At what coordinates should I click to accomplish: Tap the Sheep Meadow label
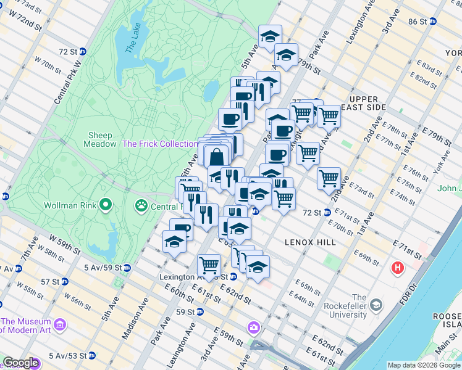[x=100, y=139]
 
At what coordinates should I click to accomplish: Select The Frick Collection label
[x=160, y=144]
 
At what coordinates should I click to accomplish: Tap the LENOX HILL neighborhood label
[x=310, y=242]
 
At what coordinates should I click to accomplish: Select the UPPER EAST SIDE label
[x=367, y=103]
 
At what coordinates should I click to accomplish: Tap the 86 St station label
[x=418, y=22]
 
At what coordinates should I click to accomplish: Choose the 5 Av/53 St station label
[x=61, y=356]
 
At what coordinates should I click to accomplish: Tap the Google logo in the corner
[x=20, y=363]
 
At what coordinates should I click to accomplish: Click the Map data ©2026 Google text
[x=423, y=365]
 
